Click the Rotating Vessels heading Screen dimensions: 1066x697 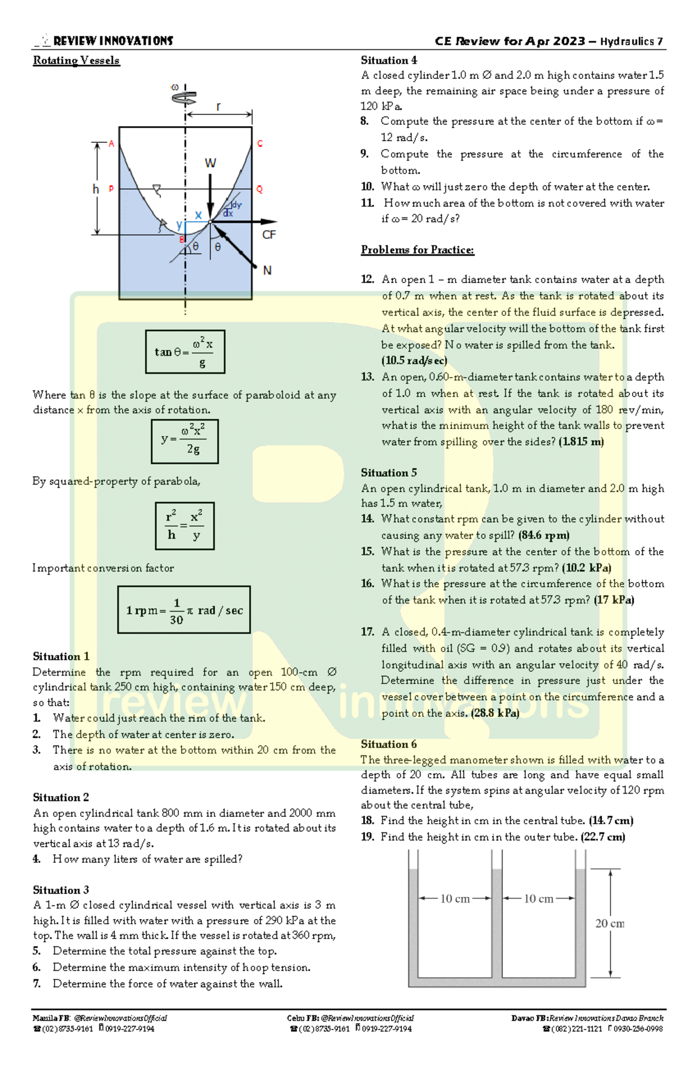(76, 60)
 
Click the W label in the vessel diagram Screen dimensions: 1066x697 (210, 163)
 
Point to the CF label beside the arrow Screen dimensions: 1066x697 (269, 235)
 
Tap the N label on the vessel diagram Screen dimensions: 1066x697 (267, 270)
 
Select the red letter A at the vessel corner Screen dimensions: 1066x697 (112, 143)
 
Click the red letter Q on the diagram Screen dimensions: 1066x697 (259, 189)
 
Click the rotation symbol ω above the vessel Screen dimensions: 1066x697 (175, 87)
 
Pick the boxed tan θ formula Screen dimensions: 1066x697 (185, 351)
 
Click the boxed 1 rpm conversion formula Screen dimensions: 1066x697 (184, 609)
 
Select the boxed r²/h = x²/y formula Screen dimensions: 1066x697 (185, 525)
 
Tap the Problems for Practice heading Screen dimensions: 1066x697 (417, 250)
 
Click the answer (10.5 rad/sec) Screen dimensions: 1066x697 (414, 361)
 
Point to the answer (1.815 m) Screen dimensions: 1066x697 (581, 442)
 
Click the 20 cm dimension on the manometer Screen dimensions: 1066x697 (610, 923)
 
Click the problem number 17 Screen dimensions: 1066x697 (367, 632)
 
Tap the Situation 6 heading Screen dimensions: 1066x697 (389, 744)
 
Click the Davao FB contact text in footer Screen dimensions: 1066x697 (587, 1018)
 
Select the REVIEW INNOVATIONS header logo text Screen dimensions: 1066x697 (113, 41)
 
